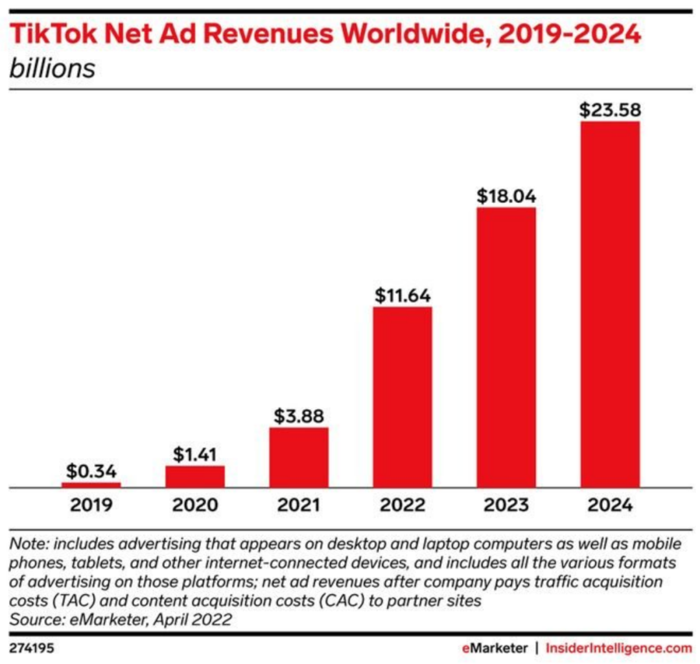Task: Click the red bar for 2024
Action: point(610,303)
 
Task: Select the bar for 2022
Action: point(402,396)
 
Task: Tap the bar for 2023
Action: point(506,347)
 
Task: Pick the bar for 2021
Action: point(299,456)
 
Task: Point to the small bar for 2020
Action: point(195,475)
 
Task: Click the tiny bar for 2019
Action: point(91,484)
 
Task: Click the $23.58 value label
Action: point(610,110)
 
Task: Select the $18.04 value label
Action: point(506,196)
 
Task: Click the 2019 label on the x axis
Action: point(91,505)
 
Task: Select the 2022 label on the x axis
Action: point(402,505)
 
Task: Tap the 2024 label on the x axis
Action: point(610,505)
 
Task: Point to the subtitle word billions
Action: point(52,68)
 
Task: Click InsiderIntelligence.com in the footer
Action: point(619,648)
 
